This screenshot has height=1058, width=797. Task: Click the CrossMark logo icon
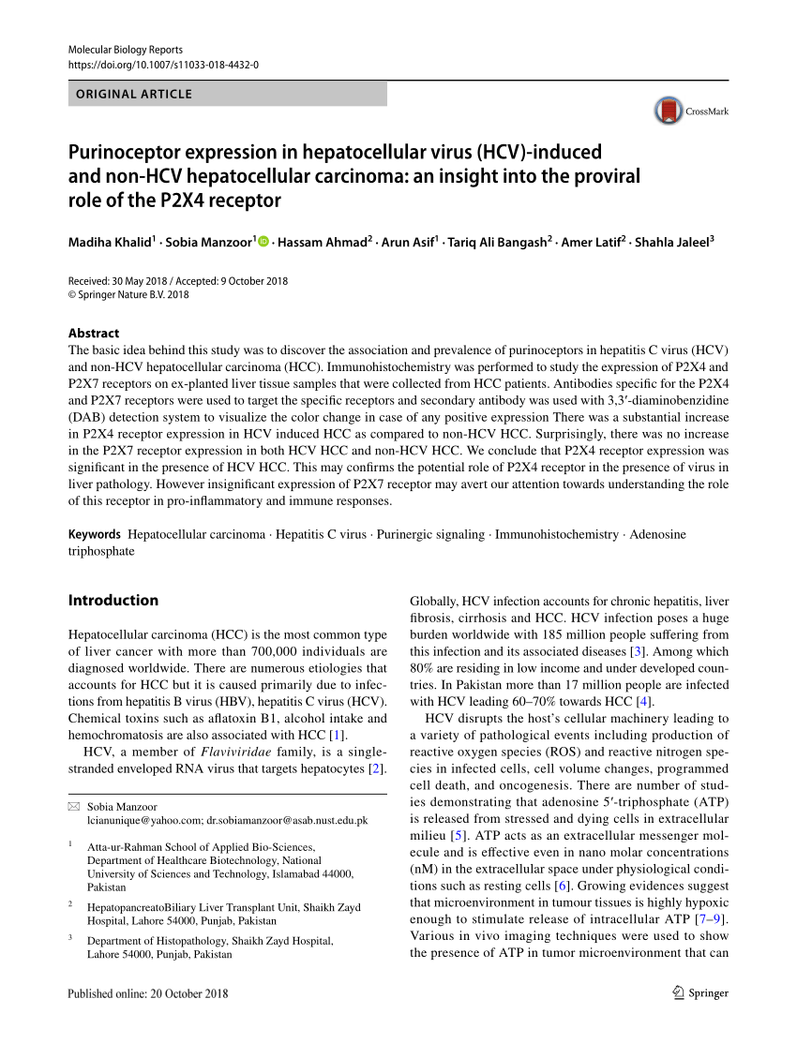[669, 111]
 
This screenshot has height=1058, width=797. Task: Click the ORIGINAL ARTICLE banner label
[134, 94]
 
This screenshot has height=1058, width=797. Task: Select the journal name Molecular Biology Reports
[126, 49]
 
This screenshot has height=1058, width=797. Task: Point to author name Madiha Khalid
[109, 243]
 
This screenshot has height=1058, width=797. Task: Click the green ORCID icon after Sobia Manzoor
[263, 243]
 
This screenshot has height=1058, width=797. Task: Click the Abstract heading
[94, 333]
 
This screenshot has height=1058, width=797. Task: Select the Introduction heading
[113, 600]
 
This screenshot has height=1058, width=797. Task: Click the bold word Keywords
[95, 534]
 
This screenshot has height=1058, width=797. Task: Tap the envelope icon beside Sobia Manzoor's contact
[74, 807]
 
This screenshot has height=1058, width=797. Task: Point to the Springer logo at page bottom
[700, 993]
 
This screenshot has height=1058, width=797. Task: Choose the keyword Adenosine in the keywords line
[657, 534]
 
